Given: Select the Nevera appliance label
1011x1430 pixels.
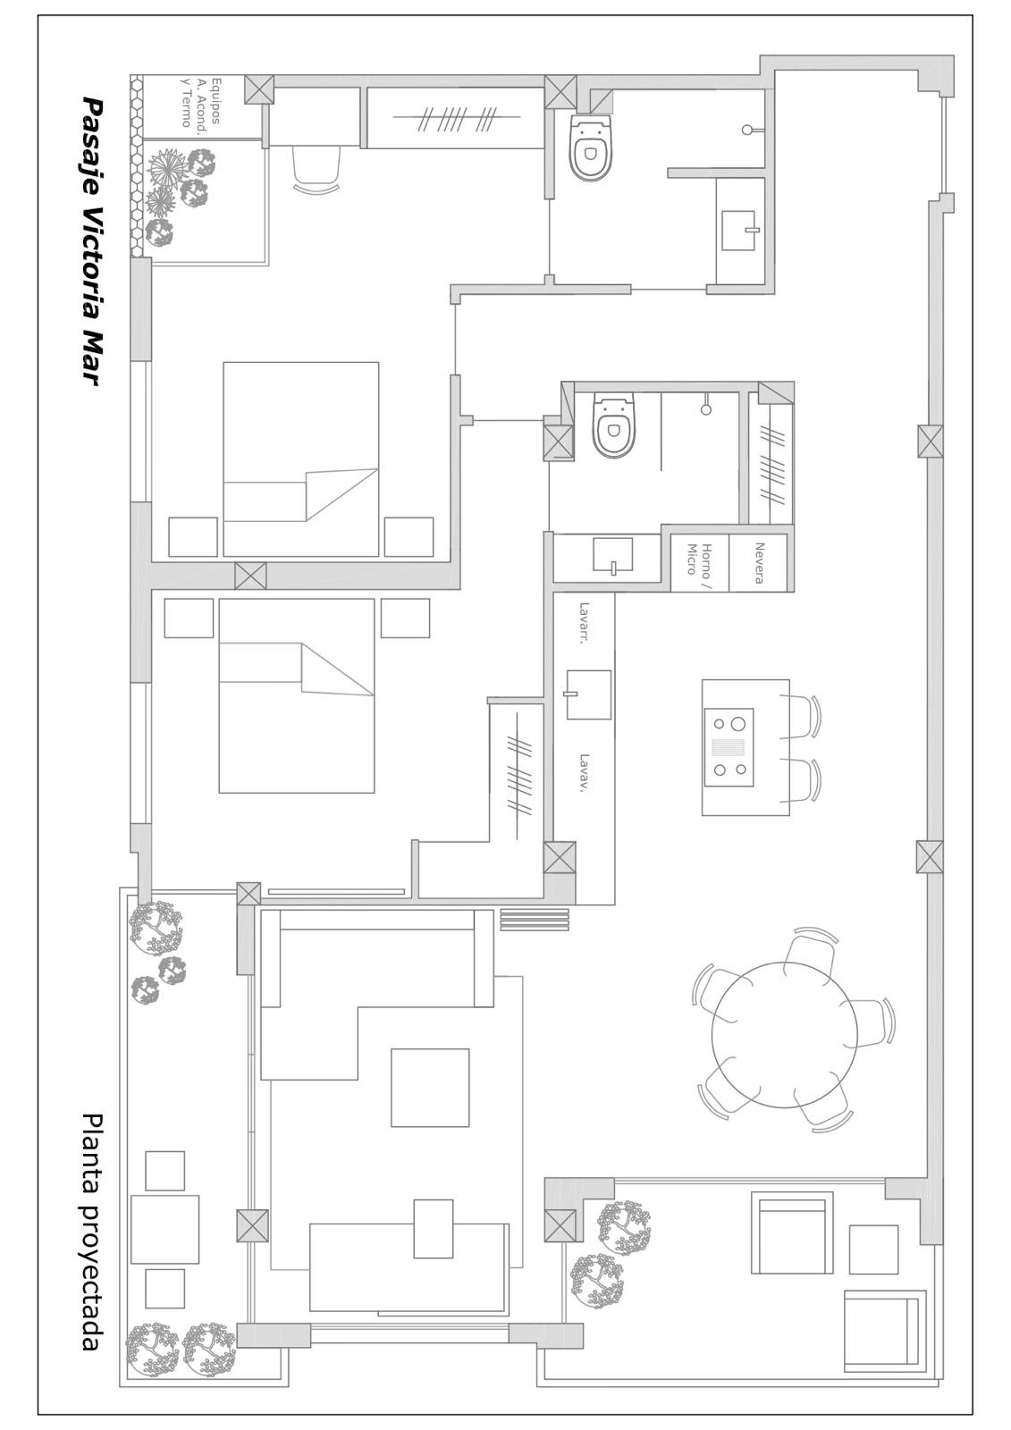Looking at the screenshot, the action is [x=759, y=562].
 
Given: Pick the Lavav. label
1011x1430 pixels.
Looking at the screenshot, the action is [x=583, y=773].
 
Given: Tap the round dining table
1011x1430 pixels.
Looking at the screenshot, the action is [x=784, y=1034].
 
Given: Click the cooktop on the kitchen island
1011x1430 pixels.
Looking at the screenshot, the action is [x=729, y=747].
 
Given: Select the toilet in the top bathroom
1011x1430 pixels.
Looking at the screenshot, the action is [x=591, y=147].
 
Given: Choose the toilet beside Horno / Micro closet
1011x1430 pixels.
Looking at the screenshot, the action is [x=614, y=425].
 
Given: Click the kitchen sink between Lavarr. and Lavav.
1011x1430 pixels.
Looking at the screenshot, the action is [x=588, y=694].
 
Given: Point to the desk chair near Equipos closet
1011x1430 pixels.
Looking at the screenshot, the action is [x=316, y=167].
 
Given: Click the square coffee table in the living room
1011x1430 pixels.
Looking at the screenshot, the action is [x=430, y=1087].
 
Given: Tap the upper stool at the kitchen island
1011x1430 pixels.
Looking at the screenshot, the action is [x=801, y=716].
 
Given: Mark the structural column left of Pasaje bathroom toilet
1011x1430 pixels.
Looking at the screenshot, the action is [x=560, y=92].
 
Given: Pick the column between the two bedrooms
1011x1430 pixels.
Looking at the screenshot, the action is [x=250, y=576].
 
